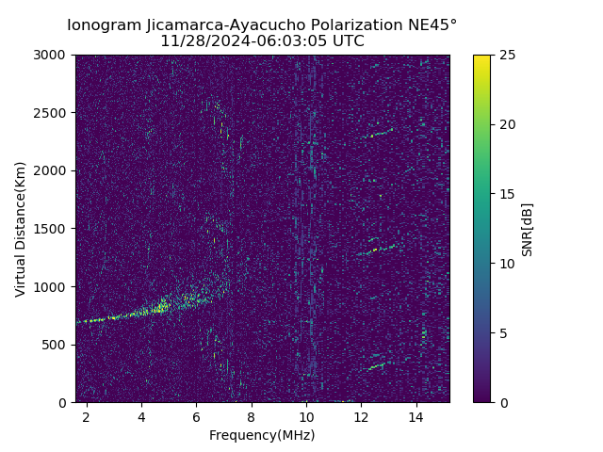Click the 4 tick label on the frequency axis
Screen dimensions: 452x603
[141, 416]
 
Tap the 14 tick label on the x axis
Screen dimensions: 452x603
[416, 416]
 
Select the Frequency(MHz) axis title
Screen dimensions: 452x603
[262, 435]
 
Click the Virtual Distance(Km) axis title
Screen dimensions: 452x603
[21, 229]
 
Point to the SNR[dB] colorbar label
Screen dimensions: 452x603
[527, 229]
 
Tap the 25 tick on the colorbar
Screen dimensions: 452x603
[491, 55]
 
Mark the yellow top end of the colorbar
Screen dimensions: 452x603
[481, 58]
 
